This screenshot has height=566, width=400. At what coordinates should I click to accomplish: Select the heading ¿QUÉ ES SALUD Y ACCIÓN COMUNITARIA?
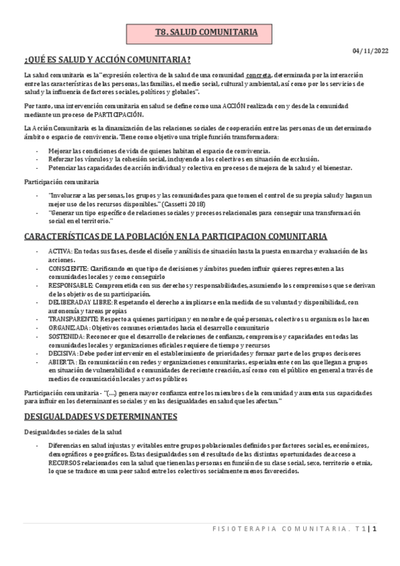click(x=108, y=59)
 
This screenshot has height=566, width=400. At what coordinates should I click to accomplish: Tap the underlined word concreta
click(x=258, y=75)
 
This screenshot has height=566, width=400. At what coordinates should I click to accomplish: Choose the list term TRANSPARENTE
click(x=69, y=318)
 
